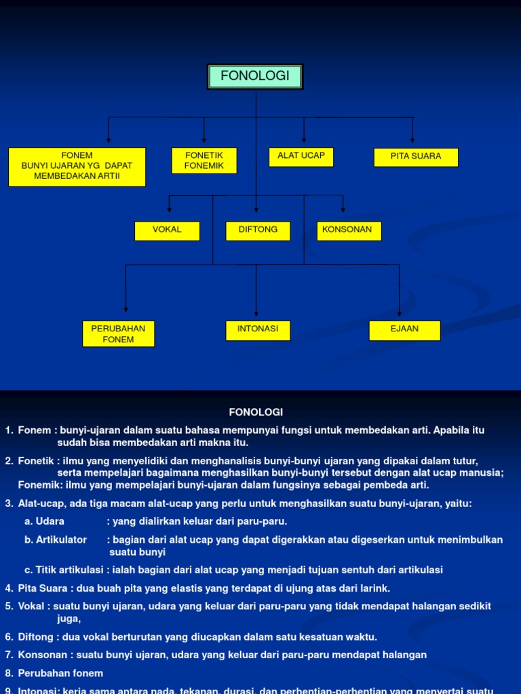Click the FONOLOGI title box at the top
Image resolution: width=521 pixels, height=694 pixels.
(255, 77)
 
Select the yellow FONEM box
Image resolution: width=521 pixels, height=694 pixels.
(77, 167)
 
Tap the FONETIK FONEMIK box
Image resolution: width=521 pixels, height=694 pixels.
(204, 161)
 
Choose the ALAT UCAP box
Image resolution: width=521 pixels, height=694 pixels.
(301, 157)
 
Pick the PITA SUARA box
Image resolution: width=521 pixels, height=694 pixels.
(416, 157)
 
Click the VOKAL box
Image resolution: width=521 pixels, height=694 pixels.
(167, 230)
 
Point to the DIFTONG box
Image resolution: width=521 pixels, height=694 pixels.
(258, 230)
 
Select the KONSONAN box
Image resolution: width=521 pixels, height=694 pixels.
(349, 230)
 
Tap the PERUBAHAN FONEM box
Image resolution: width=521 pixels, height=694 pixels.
(119, 333)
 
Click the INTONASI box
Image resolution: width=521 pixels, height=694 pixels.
(258, 330)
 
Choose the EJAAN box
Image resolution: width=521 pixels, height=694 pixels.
(405, 330)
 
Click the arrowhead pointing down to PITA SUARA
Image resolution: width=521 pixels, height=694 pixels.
(412, 140)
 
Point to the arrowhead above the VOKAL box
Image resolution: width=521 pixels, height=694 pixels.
(170, 209)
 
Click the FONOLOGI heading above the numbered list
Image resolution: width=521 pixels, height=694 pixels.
(255, 412)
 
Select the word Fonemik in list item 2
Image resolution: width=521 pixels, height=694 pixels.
(40, 485)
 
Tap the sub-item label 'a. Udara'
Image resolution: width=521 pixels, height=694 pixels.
(45, 521)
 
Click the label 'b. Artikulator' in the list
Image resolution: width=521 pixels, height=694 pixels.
(56, 539)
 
